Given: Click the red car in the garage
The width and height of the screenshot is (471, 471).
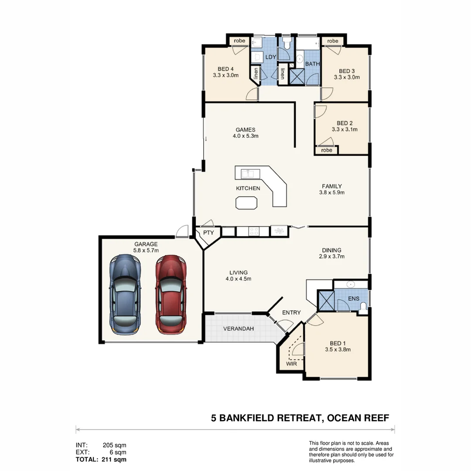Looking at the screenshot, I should (171, 294).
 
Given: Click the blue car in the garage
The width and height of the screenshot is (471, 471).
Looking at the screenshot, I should (125, 294).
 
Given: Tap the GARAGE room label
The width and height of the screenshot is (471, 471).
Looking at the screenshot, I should (146, 244).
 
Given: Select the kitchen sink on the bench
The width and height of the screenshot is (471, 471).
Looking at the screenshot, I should (248, 174).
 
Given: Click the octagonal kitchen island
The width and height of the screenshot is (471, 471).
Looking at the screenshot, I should (246, 203).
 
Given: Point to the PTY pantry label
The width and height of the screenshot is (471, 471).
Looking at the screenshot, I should (208, 233).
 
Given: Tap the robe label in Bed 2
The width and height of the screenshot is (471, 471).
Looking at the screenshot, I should (327, 150).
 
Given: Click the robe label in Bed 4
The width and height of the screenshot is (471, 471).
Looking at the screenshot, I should (239, 41).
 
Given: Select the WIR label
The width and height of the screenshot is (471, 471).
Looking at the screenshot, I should (292, 364).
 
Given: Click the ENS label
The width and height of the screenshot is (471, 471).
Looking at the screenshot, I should (354, 299).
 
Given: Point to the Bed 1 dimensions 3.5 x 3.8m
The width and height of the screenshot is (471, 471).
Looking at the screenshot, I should (338, 349).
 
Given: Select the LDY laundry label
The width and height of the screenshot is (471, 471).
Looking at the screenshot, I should (270, 57).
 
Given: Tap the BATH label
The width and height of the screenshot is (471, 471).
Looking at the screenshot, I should (312, 64).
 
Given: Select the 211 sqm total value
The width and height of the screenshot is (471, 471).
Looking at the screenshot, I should (114, 459).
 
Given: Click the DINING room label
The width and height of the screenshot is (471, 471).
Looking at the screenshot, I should (331, 250).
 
